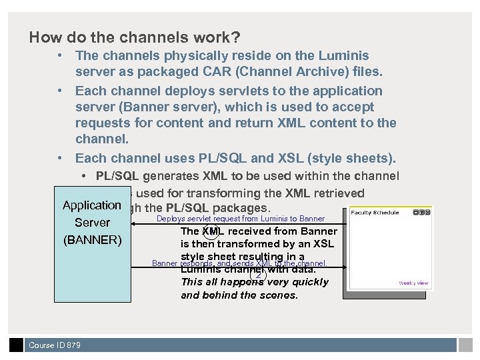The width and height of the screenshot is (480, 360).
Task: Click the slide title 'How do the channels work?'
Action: pos(135,37)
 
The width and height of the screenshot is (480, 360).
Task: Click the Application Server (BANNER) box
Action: pos(93,267)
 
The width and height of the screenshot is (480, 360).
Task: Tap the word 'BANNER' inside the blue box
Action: pos(93,239)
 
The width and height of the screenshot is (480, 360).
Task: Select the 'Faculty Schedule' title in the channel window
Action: pos(375,213)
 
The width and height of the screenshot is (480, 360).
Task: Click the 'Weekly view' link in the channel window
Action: pos(413,283)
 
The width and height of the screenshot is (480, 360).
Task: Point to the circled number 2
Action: pos(259,275)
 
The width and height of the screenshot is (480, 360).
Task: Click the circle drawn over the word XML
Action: pos(210,231)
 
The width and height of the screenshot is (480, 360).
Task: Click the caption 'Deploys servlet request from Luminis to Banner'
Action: pos(241,219)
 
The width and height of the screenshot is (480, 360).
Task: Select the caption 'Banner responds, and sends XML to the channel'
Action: pos(240,263)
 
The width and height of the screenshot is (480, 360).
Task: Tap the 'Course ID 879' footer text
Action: pos(55,345)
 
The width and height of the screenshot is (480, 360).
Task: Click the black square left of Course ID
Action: pos(16,345)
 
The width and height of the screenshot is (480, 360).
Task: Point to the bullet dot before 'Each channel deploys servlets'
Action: pos(61,91)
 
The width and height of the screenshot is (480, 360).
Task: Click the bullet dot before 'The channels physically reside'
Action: pos(61,55)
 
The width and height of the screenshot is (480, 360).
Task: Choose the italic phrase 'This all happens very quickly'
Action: pos(255,282)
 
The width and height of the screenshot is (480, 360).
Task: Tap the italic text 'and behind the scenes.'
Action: pos(239,295)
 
